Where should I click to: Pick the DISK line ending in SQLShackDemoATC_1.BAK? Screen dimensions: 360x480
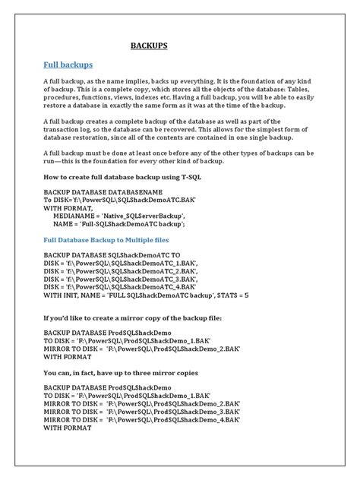point(120,262)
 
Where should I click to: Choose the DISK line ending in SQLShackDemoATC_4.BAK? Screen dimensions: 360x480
point(120,286)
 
